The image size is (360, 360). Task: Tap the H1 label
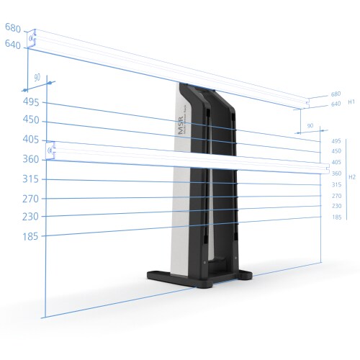[x=352, y=102]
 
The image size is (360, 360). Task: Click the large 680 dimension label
[x=13, y=28]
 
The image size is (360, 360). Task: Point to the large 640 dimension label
[x=13, y=44]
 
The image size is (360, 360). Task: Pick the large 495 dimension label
[x=32, y=102]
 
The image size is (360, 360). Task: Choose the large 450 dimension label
[x=32, y=120]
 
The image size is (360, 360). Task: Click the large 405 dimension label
[x=32, y=140]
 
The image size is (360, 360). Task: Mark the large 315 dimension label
[x=32, y=179]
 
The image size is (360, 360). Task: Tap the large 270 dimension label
[x=32, y=199]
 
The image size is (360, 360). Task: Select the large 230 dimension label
[x=32, y=217]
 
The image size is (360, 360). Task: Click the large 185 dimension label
[x=32, y=236]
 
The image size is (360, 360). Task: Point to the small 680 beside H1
[x=336, y=94]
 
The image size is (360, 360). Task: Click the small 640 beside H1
[x=336, y=104]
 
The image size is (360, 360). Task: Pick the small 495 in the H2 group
[x=336, y=141]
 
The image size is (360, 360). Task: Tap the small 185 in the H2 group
[x=336, y=217]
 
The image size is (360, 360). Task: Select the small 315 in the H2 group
[x=336, y=184]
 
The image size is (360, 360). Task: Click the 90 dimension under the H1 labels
[x=310, y=126]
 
